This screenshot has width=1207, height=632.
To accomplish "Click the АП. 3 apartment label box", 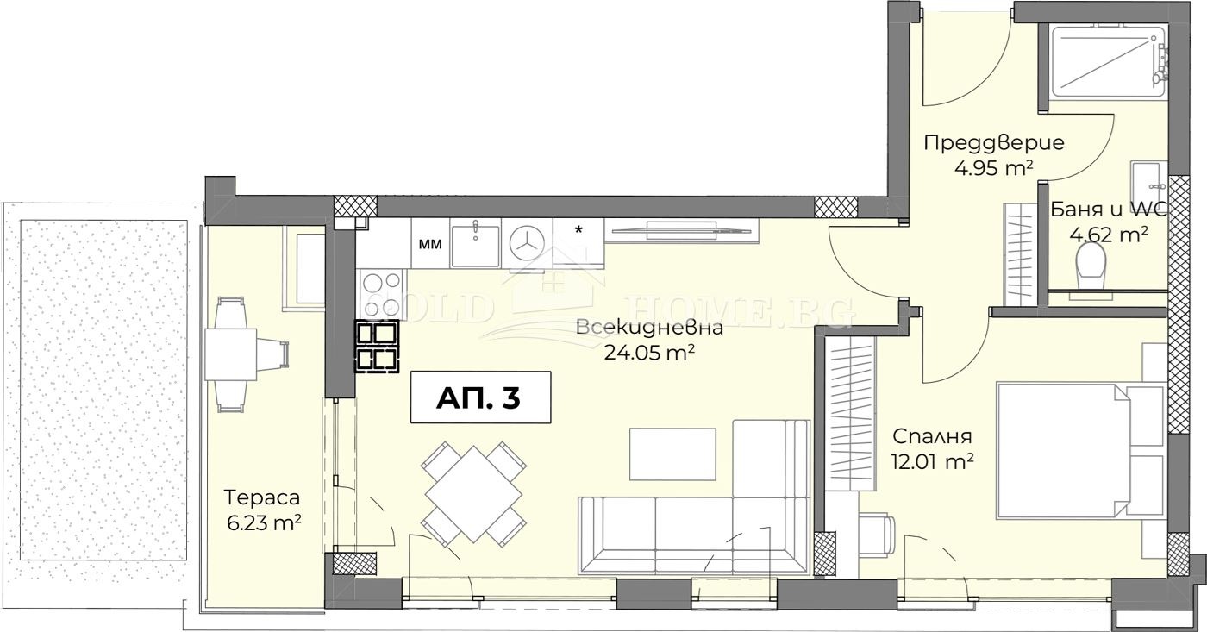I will coord(479,397).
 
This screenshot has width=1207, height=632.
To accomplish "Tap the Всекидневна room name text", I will coord(647,328).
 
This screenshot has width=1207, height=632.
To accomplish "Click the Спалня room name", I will coord(932,436).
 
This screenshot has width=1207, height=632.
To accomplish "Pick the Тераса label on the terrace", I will coord(261,497).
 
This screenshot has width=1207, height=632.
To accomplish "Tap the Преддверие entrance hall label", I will coord(993,143).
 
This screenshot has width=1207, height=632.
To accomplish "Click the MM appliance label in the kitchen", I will coord(429,244).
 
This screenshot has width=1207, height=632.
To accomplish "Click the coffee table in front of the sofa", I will coord(672,454).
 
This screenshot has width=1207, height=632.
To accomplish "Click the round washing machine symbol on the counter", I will coord(525,244).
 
